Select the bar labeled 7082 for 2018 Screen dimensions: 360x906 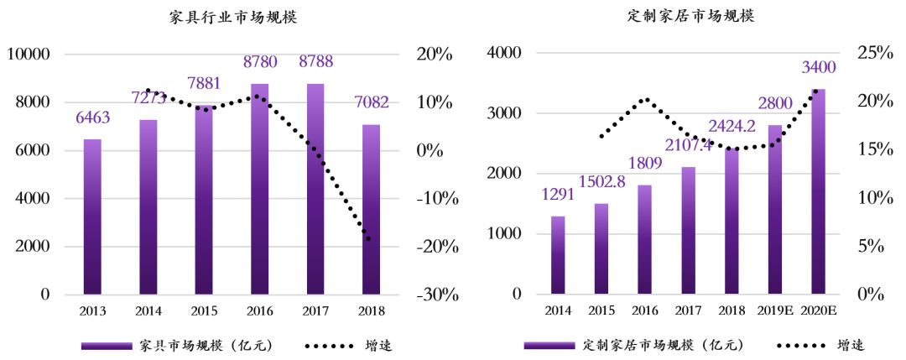coord(371,210)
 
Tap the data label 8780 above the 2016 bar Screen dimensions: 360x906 coord(259,60)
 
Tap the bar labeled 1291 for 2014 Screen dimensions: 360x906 coord(558,255)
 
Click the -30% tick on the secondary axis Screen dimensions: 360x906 coord(434,295)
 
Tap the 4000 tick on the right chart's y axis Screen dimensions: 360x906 coord(505,53)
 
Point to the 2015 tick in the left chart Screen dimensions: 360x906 coord(204,311)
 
